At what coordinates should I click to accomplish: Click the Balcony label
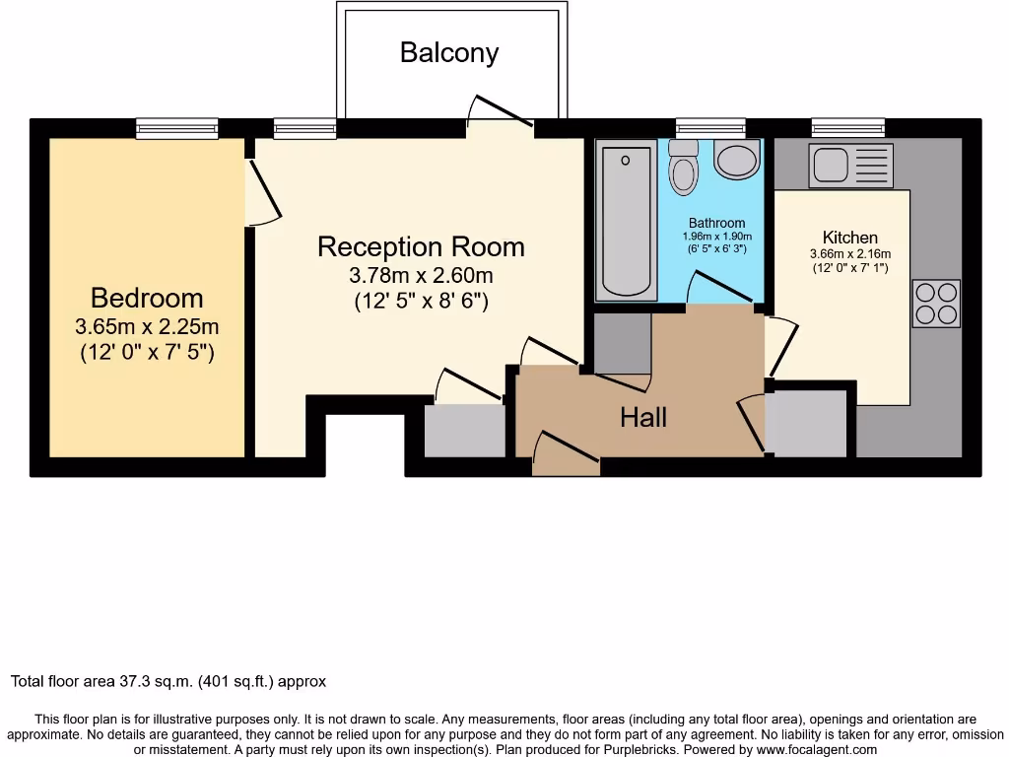click(448, 52)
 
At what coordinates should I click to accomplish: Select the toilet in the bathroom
click(682, 168)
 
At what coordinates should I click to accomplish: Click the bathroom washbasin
click(737, 160)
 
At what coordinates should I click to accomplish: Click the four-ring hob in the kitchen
click(936, 304)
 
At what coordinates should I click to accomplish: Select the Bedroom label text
click(147, 298)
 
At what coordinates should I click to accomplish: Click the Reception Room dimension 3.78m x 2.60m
click(422, 275)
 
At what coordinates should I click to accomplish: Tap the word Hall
click(642, 418)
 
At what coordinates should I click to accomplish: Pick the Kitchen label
click(849, 238)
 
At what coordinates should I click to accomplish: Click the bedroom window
click(177, 128)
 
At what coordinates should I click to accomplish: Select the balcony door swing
click(500, 111)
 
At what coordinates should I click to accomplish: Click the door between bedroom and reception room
click(263, 191)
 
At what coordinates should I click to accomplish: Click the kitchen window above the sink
click(847, 128)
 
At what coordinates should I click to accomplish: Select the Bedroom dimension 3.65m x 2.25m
click(147, 326)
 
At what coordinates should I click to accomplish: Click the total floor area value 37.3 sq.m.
click(168, 681)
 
